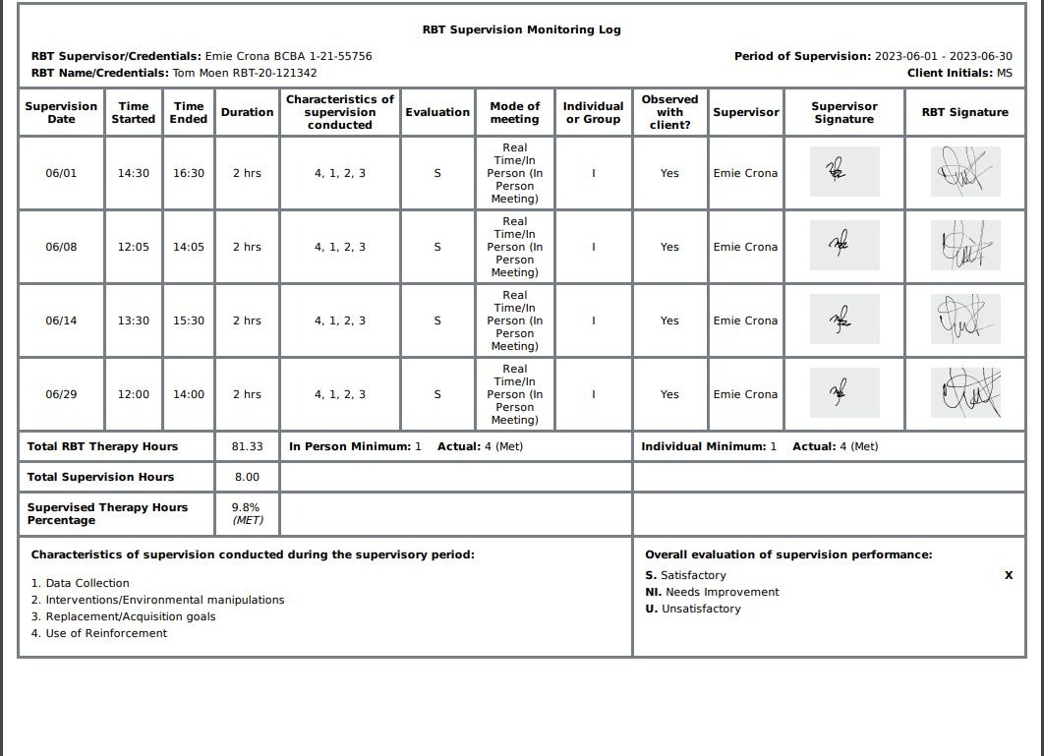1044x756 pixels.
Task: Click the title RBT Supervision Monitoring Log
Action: pyautogui.click(x=521, y=29)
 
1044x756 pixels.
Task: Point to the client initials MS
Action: pyautogui.click(x=1004, y=73)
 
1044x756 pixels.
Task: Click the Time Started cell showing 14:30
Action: pyautogui.click(x=133, y=173)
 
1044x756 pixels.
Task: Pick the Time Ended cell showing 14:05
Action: pyautogui.click(x=189, y=247)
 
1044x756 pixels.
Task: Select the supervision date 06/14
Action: pyautogui.click(x=61, y=320)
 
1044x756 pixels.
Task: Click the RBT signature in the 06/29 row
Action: pyautogui.click(x=965, y=393)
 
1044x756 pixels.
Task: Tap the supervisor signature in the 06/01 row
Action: pyautogui.click(x=843, y=172)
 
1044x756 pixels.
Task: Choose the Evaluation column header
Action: pyautogui.click(x=437, y=112)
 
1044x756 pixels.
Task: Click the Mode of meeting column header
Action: pyautogui.click(x=514, y=112)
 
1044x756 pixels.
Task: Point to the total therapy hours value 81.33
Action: pyautogui.click(x=247, y=446)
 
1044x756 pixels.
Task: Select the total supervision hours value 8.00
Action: pyautogui.click(x=247, y=477)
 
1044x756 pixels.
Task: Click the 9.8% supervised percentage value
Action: pyautogui.click(x=247, y=507)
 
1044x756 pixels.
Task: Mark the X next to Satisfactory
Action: pyautogui.click(x=1008, y=575)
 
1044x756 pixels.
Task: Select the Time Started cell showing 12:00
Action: pyautogui.click(x=133, y=394)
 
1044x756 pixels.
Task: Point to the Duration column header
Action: pyautogui.click(x=247, y=112)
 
